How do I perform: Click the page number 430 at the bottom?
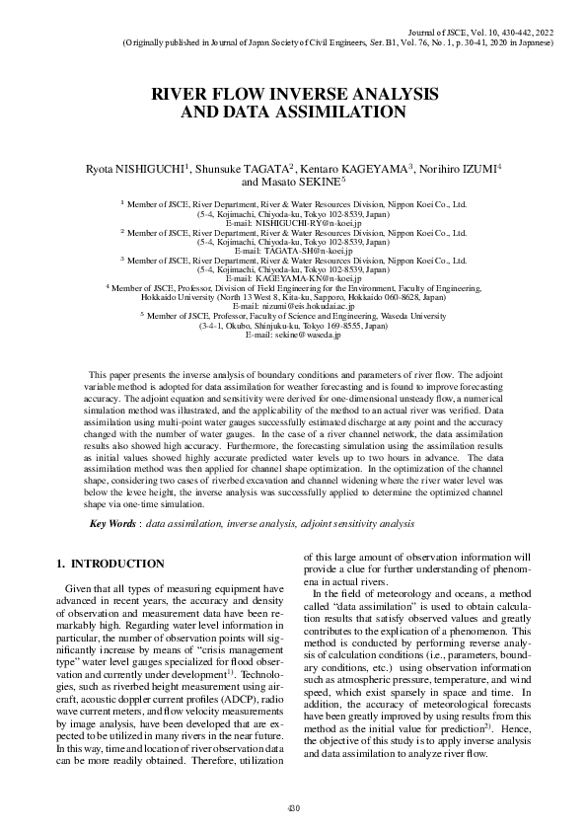point(293,808)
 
